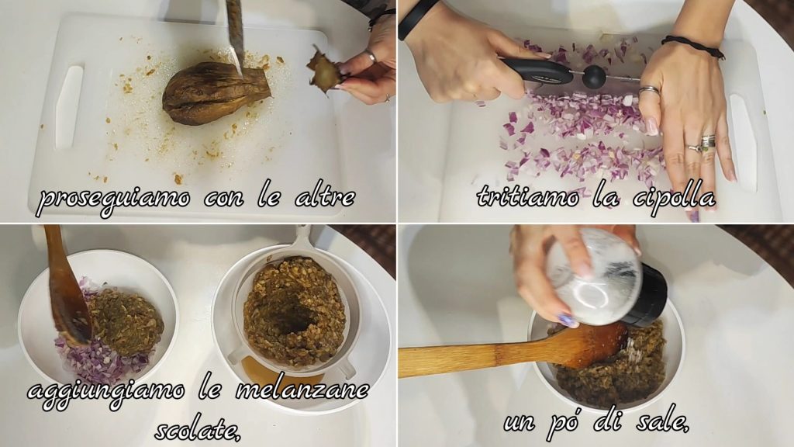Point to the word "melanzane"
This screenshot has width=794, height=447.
click(x=302, y=390)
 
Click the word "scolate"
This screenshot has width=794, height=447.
click(x=198, y=431)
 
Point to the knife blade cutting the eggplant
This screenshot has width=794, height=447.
click(x=236, y=33)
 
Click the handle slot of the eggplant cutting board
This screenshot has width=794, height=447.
click(x=70, y=106)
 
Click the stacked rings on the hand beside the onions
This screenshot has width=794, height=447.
click(x=705, y=144)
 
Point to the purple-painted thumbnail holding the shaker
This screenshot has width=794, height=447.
click(x=566, y=321)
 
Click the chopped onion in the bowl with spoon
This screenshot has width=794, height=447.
click(x=96, y=355)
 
